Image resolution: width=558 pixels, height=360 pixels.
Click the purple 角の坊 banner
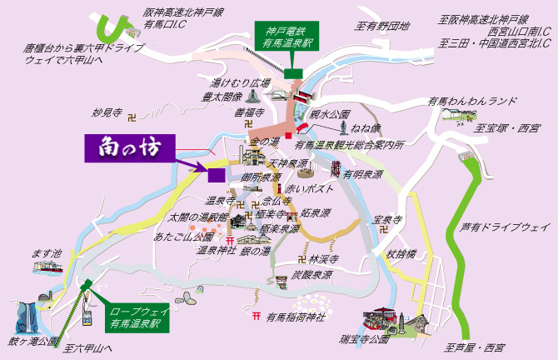click(130, 148)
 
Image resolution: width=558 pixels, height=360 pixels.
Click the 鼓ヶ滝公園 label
click(34, 342)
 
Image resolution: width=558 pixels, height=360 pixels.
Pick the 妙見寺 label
click(107, 112)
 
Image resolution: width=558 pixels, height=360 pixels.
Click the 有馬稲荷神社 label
click(294, 316)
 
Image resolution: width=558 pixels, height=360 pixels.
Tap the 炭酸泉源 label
click(312, 274)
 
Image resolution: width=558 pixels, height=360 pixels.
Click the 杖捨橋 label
click(402, 253)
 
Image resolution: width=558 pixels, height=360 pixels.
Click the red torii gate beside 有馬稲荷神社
click(257, 316)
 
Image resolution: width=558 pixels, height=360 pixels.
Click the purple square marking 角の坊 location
click(216, 174)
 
